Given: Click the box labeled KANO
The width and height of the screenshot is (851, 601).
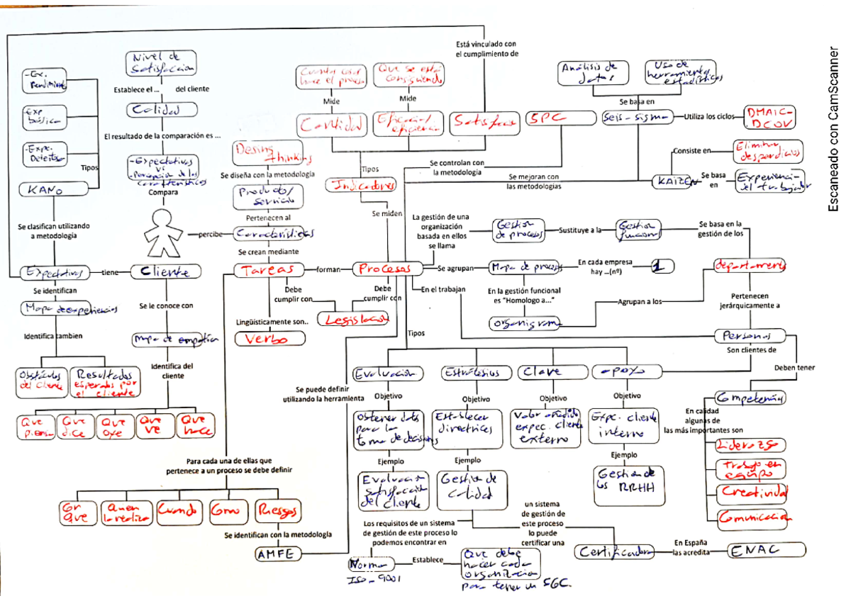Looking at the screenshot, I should [x=47, y=189].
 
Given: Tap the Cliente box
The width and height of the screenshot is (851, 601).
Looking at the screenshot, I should [x=165, y=271].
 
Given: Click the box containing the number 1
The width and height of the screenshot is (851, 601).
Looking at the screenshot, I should [x=660, y=266].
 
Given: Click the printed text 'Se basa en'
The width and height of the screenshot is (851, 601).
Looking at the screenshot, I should [x=635, y=102].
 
